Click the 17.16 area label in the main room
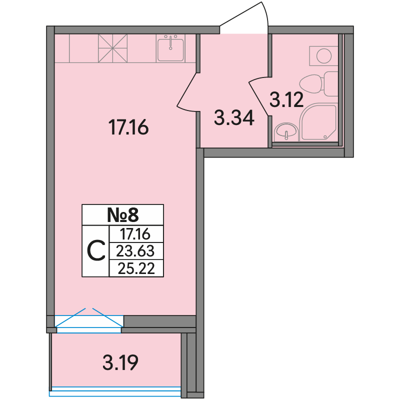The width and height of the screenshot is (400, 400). tap(128, 127)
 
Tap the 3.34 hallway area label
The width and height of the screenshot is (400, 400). tap(234, 117)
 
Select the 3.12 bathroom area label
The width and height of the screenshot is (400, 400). tap(286, 99)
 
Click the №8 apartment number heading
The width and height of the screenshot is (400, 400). tap(122, 215)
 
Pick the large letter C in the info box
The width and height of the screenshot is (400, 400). tap(96, 251)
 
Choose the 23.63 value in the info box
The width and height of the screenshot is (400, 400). tap(135, 251)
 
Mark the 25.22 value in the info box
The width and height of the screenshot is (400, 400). tap(136, 268)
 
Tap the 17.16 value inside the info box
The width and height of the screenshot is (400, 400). tap(135, 234)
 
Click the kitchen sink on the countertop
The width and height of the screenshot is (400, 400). tap(170, 48)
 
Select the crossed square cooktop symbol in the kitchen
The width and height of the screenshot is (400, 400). tap(113, 48)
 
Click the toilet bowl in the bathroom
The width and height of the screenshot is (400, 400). tap(311, 84)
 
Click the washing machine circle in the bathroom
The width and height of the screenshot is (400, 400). tap(323, 55)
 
